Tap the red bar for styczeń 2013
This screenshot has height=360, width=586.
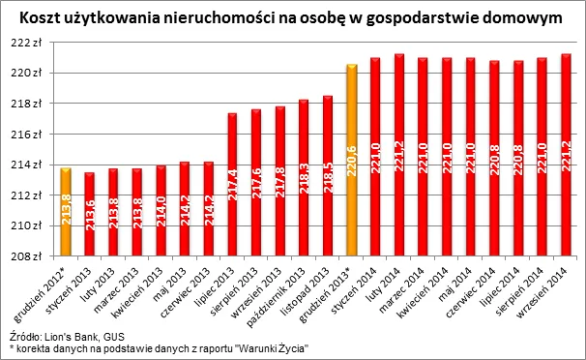(89, 214)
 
